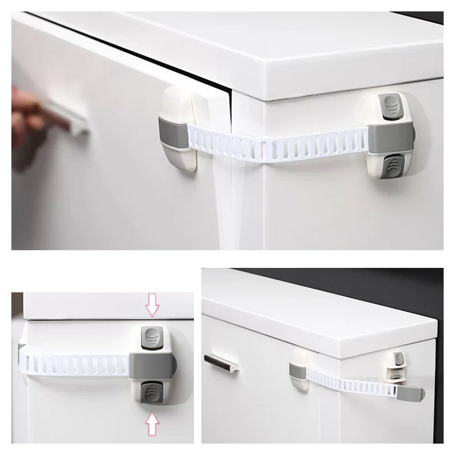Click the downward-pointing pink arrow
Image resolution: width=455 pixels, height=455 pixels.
pos(152,304)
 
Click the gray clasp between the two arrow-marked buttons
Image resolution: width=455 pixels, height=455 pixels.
pos(149,363)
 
